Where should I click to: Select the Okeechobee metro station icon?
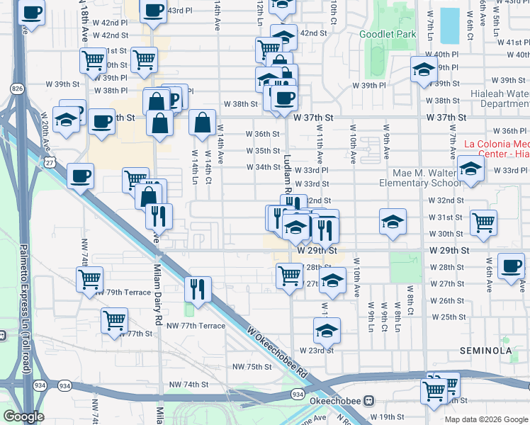tap(368, 400)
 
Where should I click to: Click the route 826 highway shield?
tap(16, 88)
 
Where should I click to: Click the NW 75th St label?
tap(252, 366)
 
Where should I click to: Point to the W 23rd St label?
tap(316, 350)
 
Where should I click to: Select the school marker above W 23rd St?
tap(327, 329)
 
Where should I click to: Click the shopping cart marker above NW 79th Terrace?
tap(90, 280)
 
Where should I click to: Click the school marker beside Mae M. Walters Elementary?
tap(470, 169)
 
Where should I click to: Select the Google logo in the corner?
tap(24, 416)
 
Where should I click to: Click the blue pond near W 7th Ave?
tap(449, 26)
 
